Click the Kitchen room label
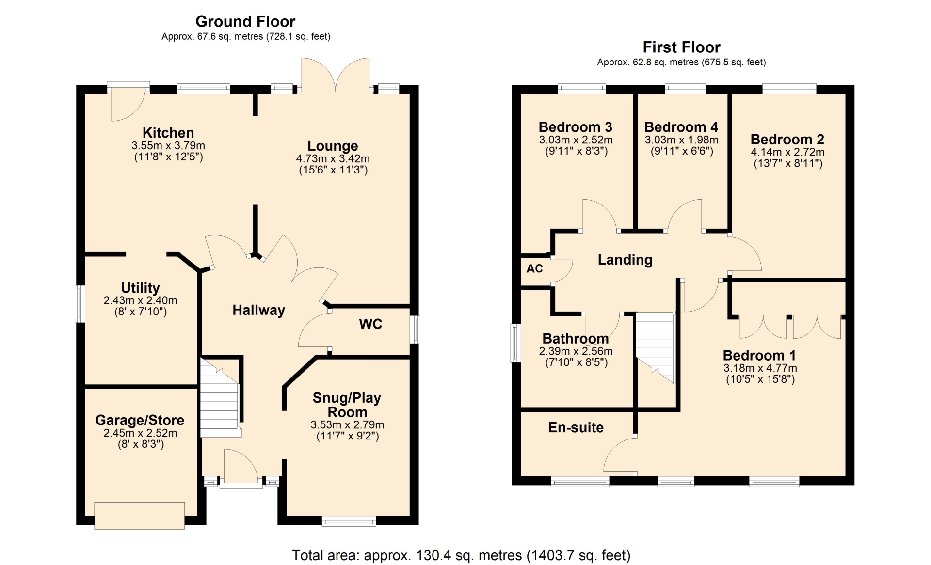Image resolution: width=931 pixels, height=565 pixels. [x=168, y=133]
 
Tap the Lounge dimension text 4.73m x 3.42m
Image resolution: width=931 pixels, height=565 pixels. [x=333, y=158]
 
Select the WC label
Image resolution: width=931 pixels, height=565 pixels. [x=370, y=324]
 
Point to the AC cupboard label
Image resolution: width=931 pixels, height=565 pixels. [x=534, y=268]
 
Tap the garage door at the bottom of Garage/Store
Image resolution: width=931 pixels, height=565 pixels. [x=139, y=516]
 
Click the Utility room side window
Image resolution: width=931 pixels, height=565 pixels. [x=80, y=304]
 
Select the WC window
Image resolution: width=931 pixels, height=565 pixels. [x=415, y=330]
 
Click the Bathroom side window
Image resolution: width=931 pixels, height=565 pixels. [x=515, y=343]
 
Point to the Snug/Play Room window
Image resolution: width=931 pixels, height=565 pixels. [x=349, y=521]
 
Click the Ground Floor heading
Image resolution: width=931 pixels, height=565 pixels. [x=245, y=21]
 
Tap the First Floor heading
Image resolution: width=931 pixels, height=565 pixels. [x=681, y=47]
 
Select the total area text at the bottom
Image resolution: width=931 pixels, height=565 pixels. [x=461, y=555]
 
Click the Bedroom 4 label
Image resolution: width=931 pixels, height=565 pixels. [x=681, y=127]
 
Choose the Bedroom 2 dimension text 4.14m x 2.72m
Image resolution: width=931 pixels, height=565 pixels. [x=787, y=152]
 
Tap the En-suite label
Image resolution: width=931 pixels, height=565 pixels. [x=576, y=427]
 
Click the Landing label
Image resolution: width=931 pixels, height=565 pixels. [x=625, y=260]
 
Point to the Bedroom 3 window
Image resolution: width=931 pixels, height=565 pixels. [x=582, y=89]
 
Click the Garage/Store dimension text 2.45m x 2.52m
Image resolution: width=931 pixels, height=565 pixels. [x=140, y=433]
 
